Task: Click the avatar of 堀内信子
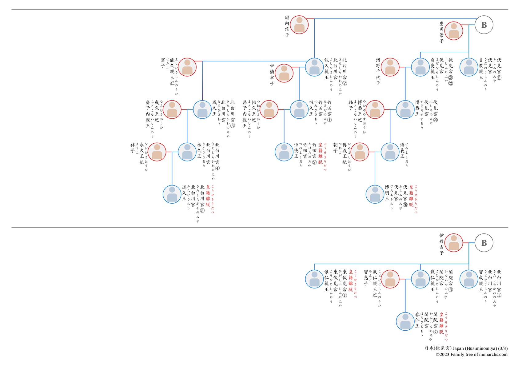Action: tap(299, 25)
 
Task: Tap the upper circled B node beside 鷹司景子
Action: tap(484, 25)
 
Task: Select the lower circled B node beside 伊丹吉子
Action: tap(484, 243)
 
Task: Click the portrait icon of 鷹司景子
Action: tap(454, 31)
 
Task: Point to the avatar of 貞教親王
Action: tap(469, 67)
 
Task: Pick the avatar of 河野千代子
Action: tap(390, 67)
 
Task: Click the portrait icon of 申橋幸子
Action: tap(284, 73)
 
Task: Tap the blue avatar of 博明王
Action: tap(375, 194)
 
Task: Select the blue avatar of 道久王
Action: tap(172, 194)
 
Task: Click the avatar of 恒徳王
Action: tap(284, 152)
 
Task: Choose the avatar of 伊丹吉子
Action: tap(454, 243)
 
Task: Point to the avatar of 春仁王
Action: tap(405, 321)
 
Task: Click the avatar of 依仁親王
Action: tap(314, 279)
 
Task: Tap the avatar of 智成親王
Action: tap(469, 279)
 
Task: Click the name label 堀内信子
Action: tap(287, 26)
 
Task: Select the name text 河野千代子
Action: tap(378, 71)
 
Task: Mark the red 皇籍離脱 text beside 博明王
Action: tap(411, 196)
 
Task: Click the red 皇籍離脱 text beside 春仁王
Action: tap(441, 323)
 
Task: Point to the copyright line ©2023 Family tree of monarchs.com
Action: tap(472, 355)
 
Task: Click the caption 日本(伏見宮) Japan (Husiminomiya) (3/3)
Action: tap(466, 348)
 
